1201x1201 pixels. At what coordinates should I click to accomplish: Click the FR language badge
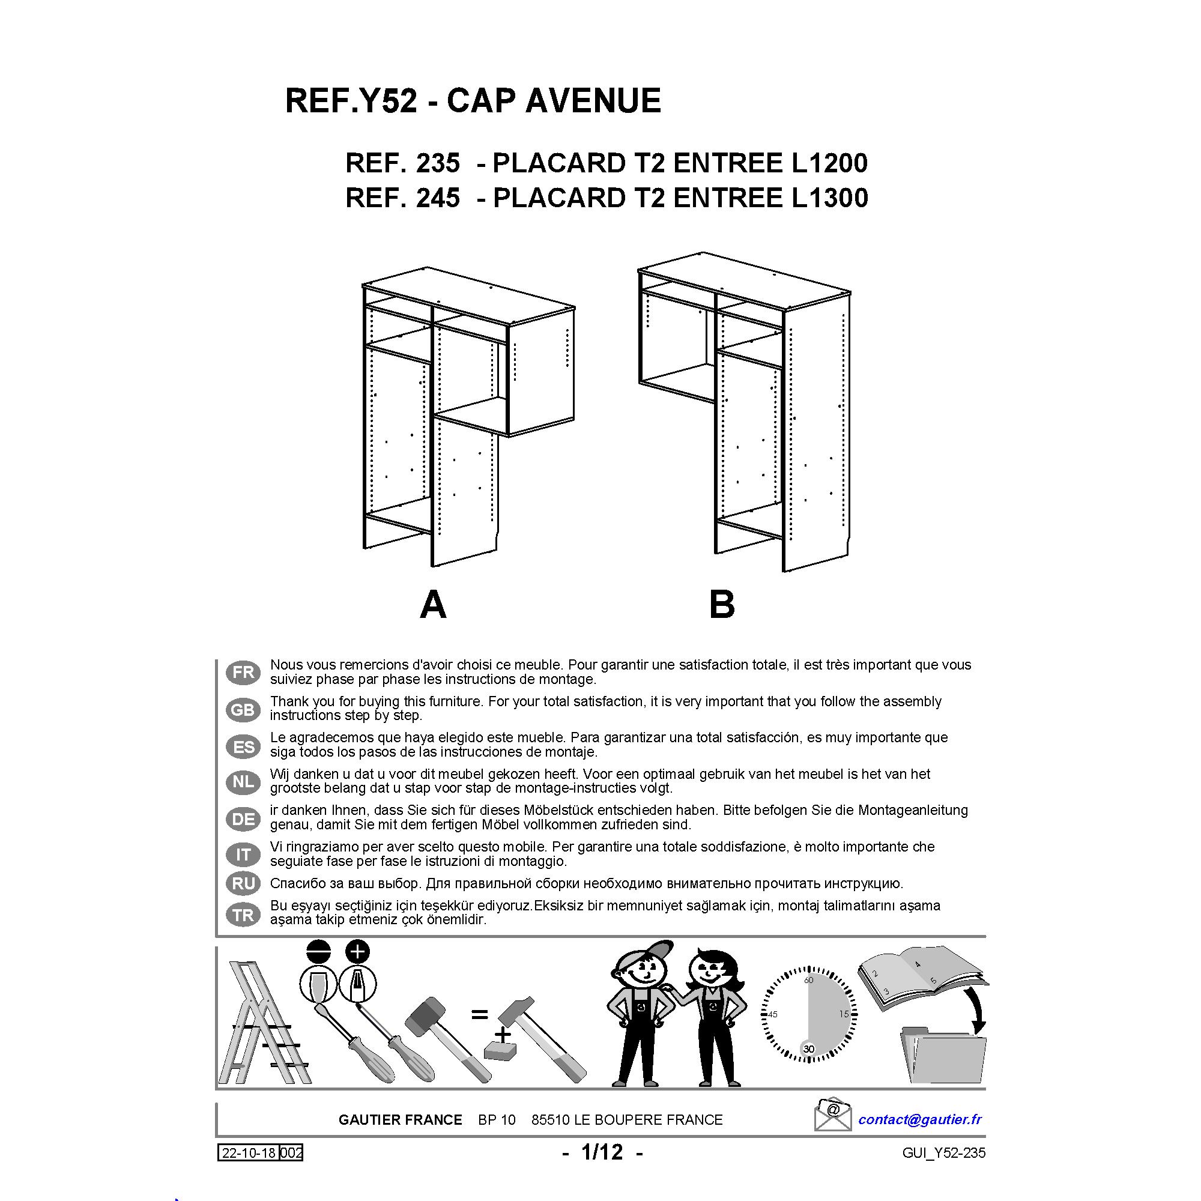click(243, 673)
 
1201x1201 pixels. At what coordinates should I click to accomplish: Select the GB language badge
click(243, 709)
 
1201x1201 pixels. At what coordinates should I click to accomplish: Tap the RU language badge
click(243, 883)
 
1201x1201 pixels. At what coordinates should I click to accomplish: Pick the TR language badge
click(243, 915)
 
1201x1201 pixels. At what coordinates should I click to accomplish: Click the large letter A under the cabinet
click(434, 604)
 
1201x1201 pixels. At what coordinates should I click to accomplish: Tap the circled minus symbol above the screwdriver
click(319, 952)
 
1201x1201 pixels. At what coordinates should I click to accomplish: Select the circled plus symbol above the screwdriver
click(357, 952)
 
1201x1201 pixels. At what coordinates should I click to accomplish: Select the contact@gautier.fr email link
click(919, 1119)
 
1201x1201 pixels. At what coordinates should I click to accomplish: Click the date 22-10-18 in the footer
click(249, 1153)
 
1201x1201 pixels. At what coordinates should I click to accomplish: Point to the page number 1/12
click(602, 1152)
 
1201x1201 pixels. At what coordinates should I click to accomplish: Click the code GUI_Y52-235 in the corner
click(943, 1153)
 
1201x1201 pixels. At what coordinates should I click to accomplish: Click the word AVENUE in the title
click(593, 101)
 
